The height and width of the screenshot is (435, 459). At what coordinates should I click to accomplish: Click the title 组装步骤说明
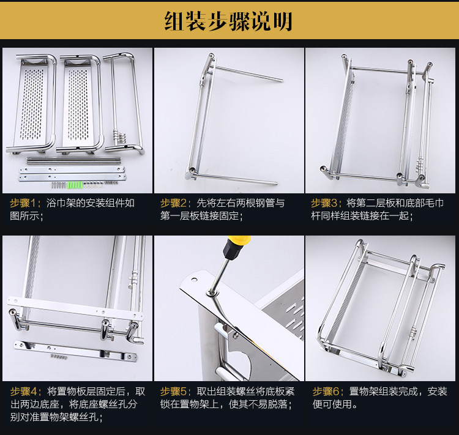click(x=228, y=21)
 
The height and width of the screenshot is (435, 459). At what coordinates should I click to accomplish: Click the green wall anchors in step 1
click(x=75, y=185)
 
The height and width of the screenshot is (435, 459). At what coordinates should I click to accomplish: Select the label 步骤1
click(x=23, y=203)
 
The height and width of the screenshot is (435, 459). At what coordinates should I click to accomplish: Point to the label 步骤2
click(x=173, y=203)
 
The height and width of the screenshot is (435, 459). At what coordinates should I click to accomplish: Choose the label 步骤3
click(x=324, y=203)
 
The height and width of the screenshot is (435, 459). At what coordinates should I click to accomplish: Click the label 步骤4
click(x=23, y=392)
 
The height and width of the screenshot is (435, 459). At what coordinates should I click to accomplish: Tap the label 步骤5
click(x=173, y=392)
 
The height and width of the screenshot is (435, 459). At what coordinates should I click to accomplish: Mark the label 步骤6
click(x=326, y=392)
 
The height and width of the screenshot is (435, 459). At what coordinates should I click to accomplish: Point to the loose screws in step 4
click(x=59, y=357)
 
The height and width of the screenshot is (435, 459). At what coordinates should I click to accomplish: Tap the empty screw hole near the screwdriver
click(x=194, y=279)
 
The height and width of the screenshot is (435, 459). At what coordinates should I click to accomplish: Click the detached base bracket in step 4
click(x=75, y=351)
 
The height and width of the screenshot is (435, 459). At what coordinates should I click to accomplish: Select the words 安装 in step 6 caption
click(x=438, y=392)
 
